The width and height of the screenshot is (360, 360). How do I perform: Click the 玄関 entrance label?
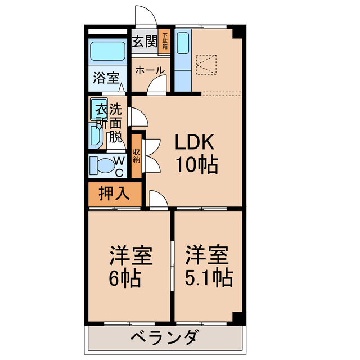[144, 41]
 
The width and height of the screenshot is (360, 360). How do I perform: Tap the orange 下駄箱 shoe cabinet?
[165, 42]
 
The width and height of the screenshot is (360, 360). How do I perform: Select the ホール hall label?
[150, 70]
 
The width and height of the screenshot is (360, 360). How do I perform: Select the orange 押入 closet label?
[114, 193]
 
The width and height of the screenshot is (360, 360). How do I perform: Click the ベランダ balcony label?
[164, 338]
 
